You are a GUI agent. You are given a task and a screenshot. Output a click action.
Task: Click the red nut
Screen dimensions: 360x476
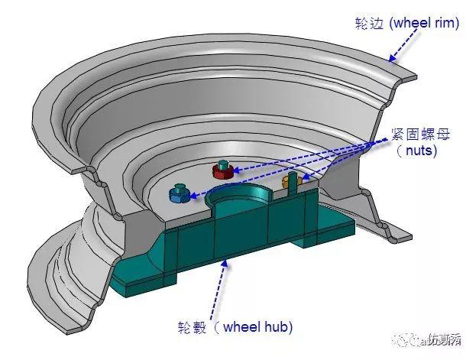point(223,171)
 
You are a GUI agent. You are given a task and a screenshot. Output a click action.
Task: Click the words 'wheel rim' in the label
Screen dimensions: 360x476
point(424,23)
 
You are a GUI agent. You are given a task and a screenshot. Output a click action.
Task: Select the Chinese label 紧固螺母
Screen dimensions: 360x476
point(417,135)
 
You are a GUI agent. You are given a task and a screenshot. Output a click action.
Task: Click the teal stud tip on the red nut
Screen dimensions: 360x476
point(223,164)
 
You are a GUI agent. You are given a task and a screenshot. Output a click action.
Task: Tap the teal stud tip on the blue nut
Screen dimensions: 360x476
point(180,186)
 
